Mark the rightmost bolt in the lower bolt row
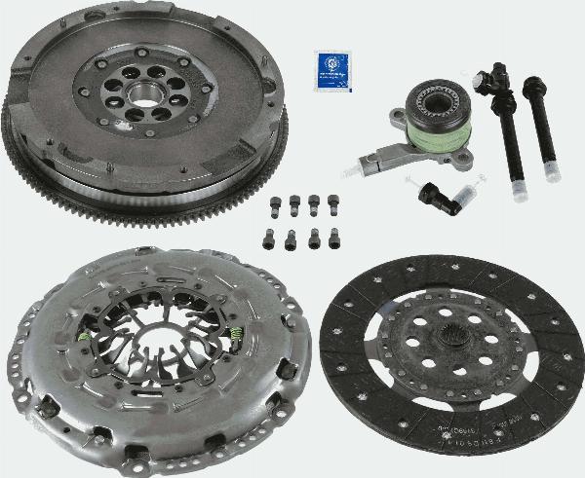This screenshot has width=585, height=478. pyautogui.click(x=337, y=237)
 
